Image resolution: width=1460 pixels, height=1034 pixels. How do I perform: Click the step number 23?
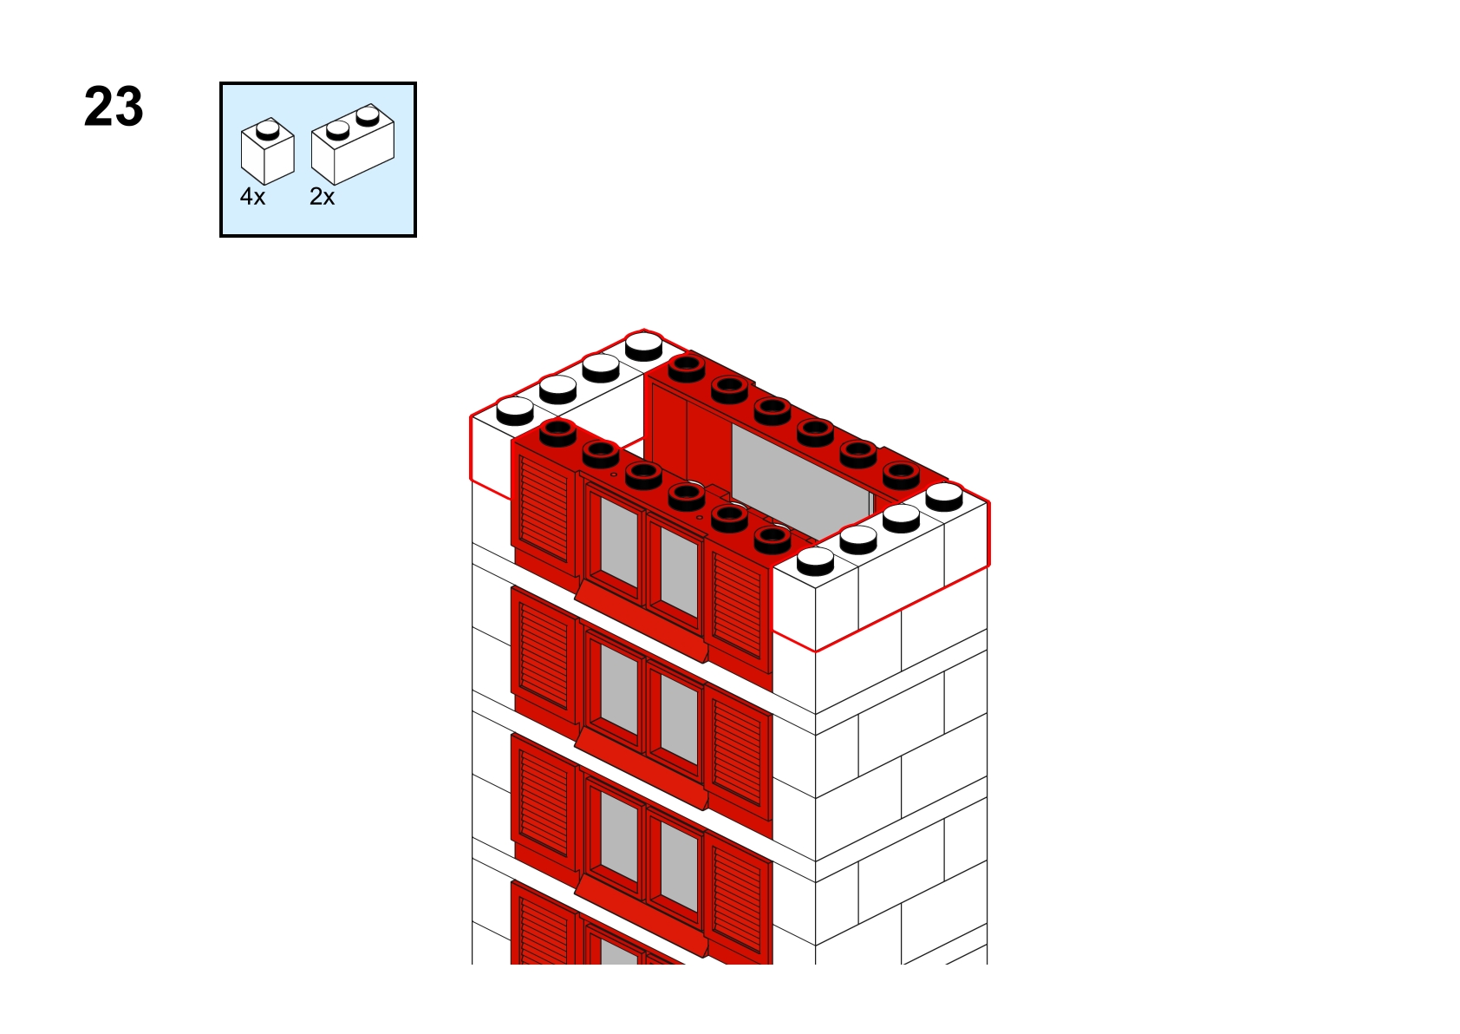tap(114, 107)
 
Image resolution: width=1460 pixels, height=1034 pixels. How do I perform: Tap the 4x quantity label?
tap(252, 196)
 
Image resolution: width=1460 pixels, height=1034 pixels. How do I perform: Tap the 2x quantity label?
tap(322, 196)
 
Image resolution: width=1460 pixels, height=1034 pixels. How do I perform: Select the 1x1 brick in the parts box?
tap(268, 151)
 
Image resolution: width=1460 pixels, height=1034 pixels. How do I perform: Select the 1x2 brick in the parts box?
tap(353, 144)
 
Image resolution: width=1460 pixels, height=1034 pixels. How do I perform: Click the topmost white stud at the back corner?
tap(644, 346)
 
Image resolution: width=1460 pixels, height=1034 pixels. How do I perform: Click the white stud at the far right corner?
tap(944, 497)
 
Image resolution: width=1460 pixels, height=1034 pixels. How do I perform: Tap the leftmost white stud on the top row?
tap(515, 410)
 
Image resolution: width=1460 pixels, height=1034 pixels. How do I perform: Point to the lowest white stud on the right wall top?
tap(815, 561)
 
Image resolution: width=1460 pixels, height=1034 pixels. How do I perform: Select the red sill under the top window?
tap(642, 623)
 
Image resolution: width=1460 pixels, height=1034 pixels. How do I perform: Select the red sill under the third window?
tap(642, 917)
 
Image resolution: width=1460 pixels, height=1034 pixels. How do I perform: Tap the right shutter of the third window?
tap(739, 900)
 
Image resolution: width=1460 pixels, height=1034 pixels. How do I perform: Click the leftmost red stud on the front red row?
tap(558, 433)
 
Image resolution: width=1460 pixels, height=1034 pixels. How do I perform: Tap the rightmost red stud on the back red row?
tap(902, 475)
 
